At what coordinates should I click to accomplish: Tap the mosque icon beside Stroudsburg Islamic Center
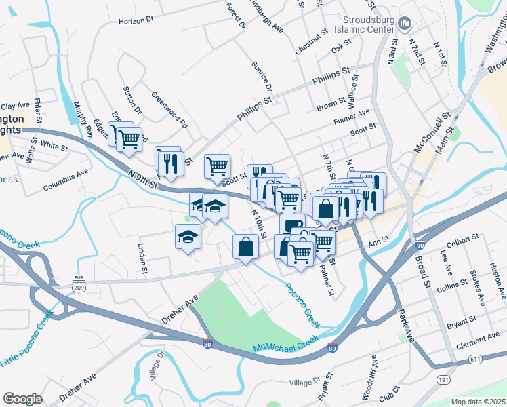click(x=405, y=24)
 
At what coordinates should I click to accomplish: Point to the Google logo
click(x=22, y=398)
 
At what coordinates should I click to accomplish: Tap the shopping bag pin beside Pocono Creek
click(x=245, y=248)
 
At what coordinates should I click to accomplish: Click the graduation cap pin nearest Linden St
click(x=188, y=237)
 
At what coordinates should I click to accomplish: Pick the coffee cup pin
click(x=291, y=225)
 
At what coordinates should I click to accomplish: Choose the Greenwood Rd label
click(x=169, y=109)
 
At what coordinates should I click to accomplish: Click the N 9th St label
click(x=142, y=180)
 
